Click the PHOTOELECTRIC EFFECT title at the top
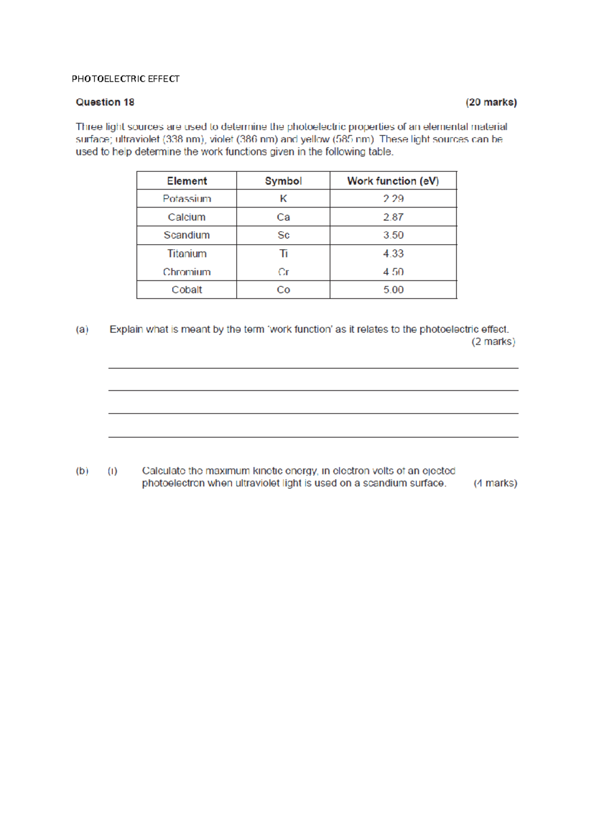tap(125, 79)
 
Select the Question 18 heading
tap(105, 102)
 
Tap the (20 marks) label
tap(491, 102)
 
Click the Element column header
tap(187, 181)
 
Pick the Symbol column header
tap(283, 181)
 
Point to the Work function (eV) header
tap(393, 181)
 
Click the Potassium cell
tap(187, 199)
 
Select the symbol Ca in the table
tap(283, 217)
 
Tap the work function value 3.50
tap(393, 235)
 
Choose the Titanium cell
tap(187, 254)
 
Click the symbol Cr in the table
tap(283, 272)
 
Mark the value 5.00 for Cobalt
tap(393, 290)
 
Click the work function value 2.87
tap(393, 217)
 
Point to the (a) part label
tap(82, 329)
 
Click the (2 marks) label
tap(493, 342)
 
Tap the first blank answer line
tap(313, 367)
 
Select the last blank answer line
tap(313, 436)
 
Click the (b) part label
tap(82, 471)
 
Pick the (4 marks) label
tap(495, 483)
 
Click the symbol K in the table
tap(283, 199)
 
